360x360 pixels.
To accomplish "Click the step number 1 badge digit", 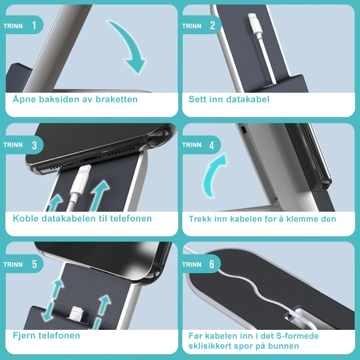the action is pyautogui.click(x=34, y=25).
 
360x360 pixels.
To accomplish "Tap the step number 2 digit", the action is pyautogui.click(x=212, y=25).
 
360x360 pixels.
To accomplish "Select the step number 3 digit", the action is pyautogui.click(x=34, y=145).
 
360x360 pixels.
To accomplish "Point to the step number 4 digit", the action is pyautogui.click(x=211, y=145).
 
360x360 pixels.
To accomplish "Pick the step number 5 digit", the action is pyautogui.click(x=34, y=264).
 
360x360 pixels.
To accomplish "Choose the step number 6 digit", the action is pyautogui.click(x=211, y=264).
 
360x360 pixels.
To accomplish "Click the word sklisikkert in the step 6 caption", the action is pyautogui.click(x=209, y=346).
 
